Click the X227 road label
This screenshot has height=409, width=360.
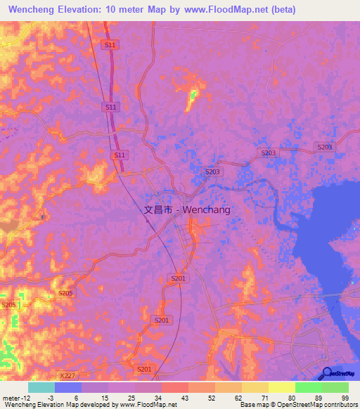coord(67,357)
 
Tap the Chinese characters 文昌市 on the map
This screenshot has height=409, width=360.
coord(158,209)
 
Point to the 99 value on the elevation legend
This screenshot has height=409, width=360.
coord(345,397)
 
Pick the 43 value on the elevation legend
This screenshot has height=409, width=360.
coord(186,397)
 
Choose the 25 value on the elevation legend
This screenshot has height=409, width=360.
coord(132,397)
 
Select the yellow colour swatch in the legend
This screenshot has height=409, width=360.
coord(281,387)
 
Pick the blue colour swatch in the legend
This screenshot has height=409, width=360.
coord(68,387)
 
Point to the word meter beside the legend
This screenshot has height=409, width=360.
coord(11,397)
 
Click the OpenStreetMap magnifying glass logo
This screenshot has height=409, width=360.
coord(328,374)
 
